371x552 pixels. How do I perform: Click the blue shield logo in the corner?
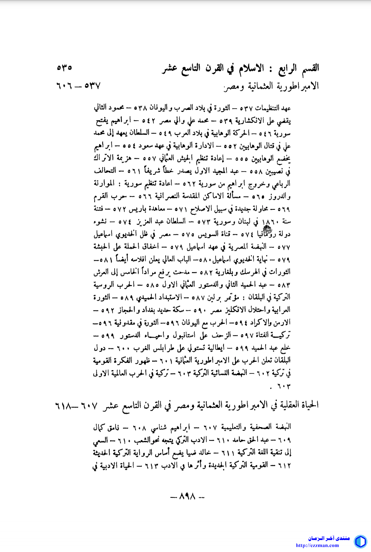click(x=360, y=541)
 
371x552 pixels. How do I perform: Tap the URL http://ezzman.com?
click(x=317, y=545)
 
